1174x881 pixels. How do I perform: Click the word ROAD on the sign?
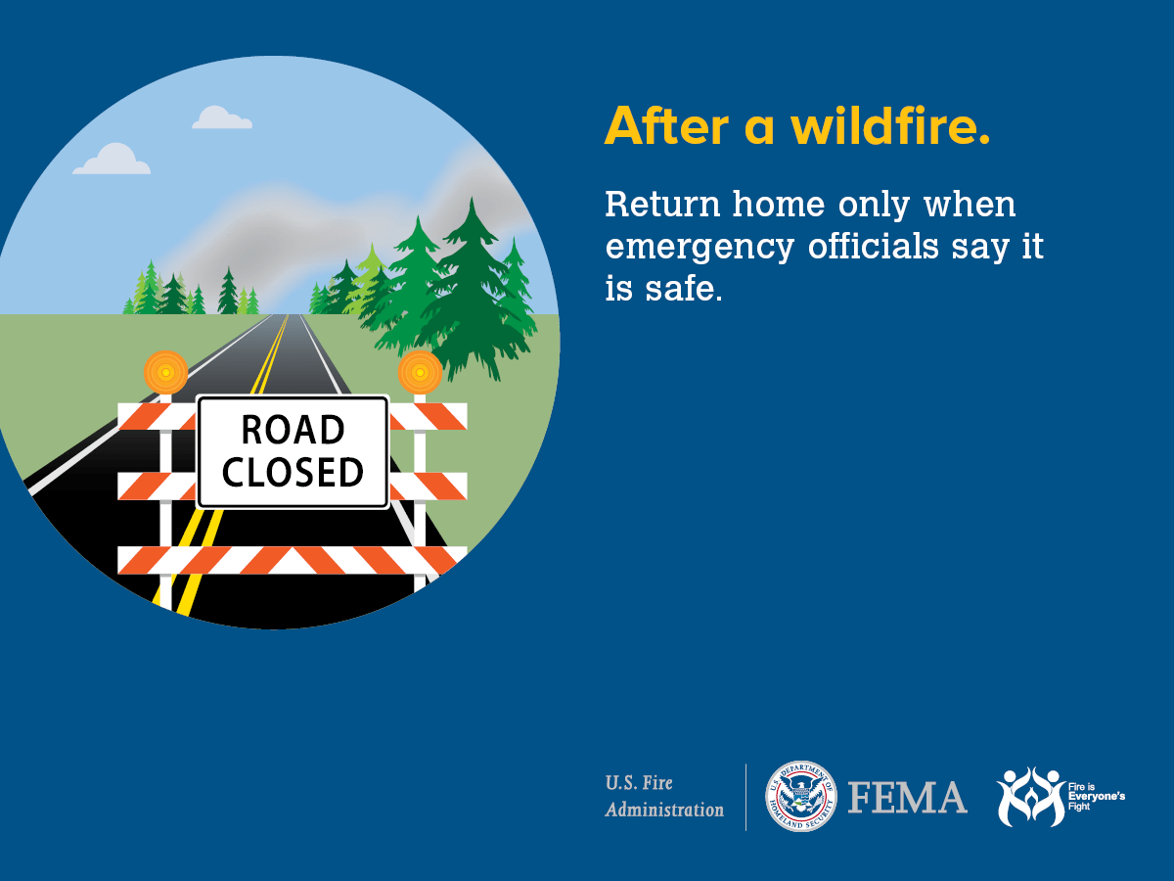[x=293, y=430]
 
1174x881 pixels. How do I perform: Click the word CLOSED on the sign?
[x=293, y=473]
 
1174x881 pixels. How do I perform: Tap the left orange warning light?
[x=165, y=372]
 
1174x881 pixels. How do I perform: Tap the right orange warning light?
[x=420, y=372]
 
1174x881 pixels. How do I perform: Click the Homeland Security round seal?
[x=800, y=797]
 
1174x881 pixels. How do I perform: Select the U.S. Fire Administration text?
[x=664, y=797]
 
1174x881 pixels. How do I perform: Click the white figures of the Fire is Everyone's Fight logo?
[x=1029, y=797]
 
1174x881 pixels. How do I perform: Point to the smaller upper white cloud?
[x=222, y=118]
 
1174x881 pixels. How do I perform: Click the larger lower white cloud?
[x=112, y=161]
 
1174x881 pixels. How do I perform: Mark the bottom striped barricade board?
[x=292, y=560]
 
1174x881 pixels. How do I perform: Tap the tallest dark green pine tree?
[x=473, y=284]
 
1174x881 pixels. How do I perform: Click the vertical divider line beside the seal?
[x=746, y=797]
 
